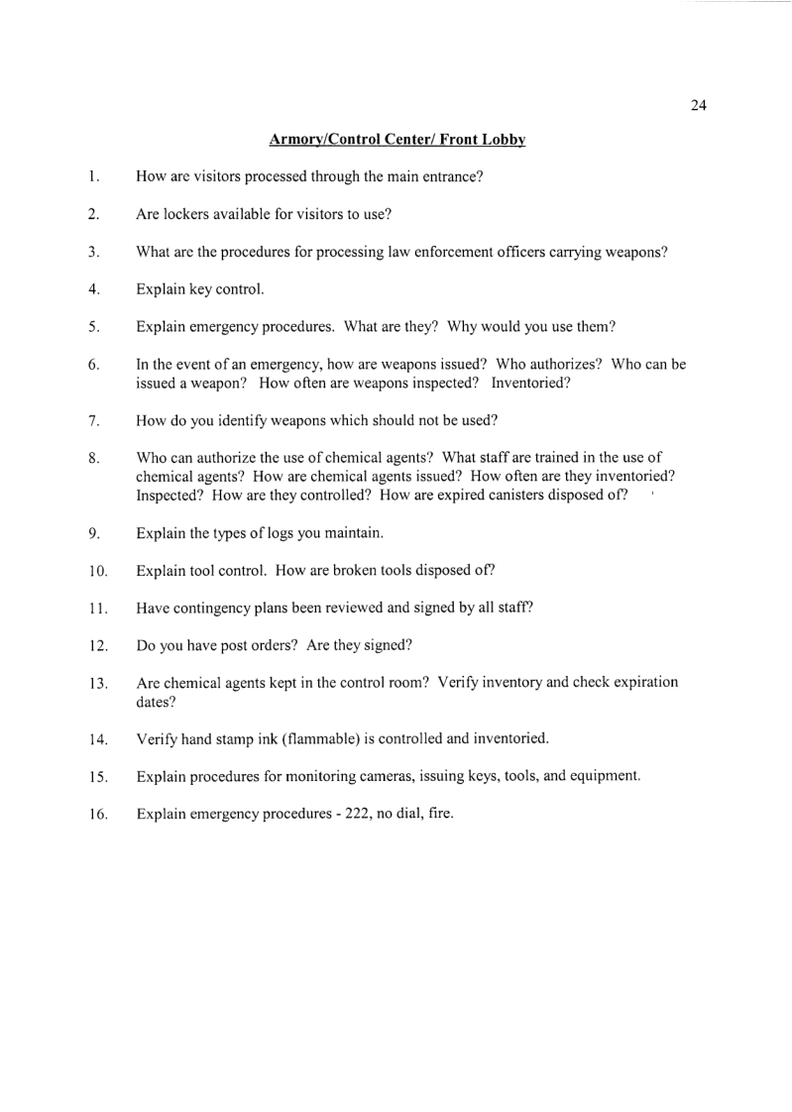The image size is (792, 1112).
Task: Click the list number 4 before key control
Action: pyautogui.click(x=91, y=290)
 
